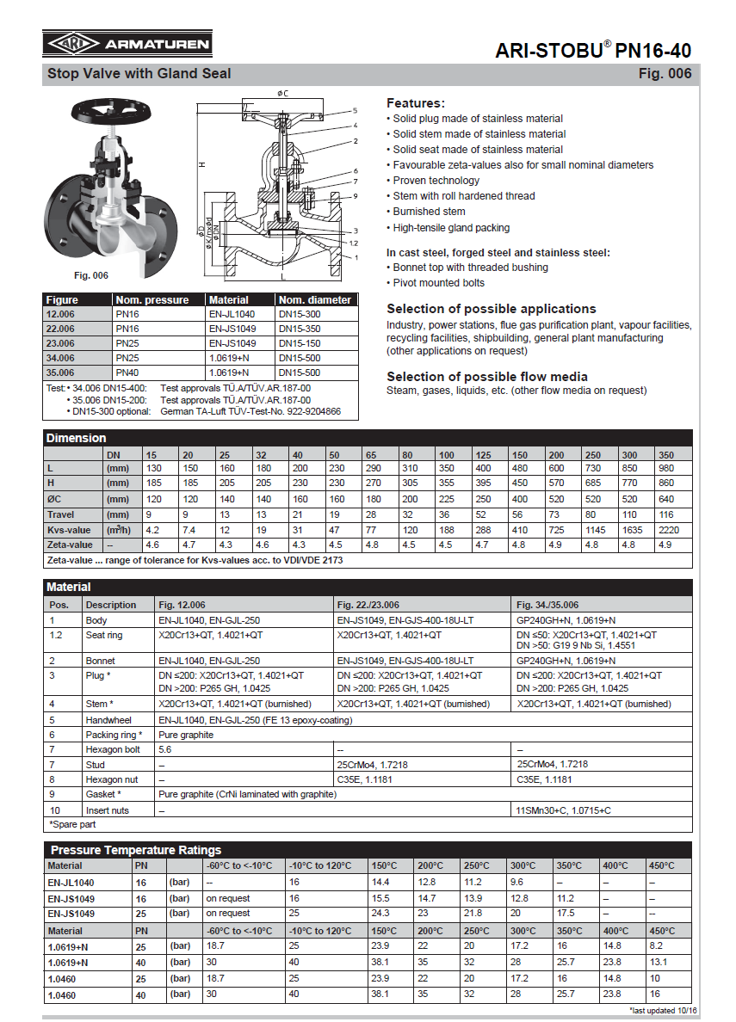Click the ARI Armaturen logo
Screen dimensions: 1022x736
click(127, 45)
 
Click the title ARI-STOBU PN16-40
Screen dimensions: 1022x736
click(593, 51)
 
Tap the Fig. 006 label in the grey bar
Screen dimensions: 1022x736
click(665, 74)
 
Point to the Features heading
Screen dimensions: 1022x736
click(416, 102)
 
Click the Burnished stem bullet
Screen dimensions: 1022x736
click(429, 212)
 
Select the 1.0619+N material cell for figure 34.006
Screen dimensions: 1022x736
click(228, 356)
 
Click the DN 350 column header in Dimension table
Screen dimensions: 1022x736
click(666, 454)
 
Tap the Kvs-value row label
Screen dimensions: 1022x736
click(70, 530)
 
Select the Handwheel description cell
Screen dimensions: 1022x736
click(108, 720)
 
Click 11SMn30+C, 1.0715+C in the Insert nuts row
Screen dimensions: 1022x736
click(563, 810)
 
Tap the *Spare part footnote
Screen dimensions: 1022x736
click(72, 825)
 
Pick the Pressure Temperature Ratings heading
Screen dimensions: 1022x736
click(135, 850)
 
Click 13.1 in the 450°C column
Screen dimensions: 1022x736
click(658, 963)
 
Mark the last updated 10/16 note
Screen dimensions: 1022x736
click(664, 1010)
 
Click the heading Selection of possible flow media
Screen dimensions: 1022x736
click(487, 377)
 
